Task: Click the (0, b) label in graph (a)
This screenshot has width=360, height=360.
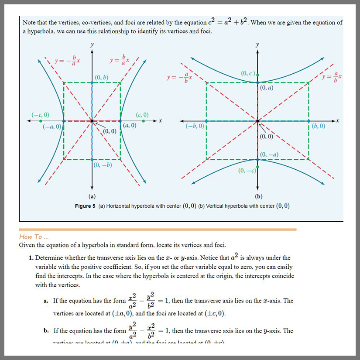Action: click(102, 78)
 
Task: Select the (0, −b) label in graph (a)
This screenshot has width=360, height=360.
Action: click(103, 165)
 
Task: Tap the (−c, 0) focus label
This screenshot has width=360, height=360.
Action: click(40, 115)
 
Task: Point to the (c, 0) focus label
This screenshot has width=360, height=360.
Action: click(142, 115)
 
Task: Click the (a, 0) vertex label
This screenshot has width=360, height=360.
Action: click(130, 125)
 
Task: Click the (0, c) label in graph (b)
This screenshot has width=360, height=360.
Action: click(247, 73)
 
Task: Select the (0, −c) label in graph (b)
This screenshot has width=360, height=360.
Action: click(247, 171)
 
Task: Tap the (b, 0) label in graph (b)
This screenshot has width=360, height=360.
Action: click(319, 126)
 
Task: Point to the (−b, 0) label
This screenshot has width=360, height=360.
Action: click(195, 126)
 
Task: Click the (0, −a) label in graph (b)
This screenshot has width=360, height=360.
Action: click(269, 154)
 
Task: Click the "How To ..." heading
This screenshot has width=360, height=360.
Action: click(31, 237)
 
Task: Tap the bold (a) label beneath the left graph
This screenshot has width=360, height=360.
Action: click(92, 196)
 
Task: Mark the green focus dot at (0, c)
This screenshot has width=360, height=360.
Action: click(257, 75)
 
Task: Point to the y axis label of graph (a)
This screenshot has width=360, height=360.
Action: click(92, 45)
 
